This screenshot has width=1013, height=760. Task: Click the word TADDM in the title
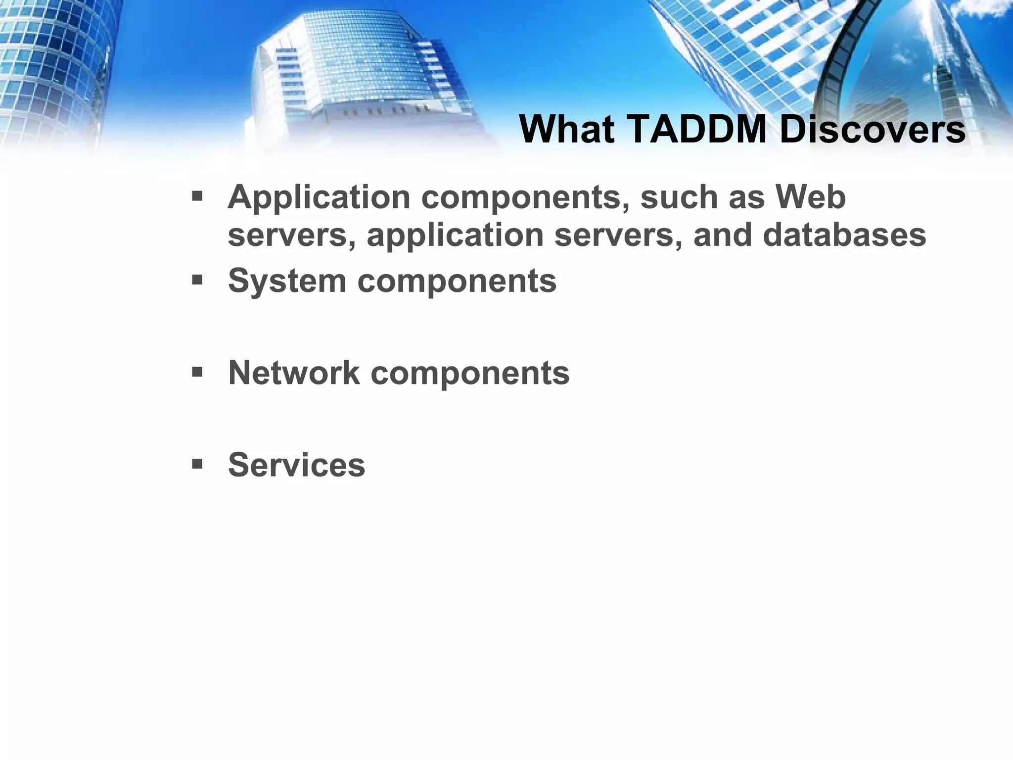[x=697, y=129]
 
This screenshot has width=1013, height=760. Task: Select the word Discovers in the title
[x=873, y=129]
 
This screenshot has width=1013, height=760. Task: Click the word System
[x=286, y=281]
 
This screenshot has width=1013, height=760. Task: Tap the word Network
[x=294, y=373]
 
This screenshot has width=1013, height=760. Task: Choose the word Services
[x=296, y=465]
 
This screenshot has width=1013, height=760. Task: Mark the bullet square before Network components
[x=197, y=372]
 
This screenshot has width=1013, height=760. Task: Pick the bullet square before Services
[x=197, y=464]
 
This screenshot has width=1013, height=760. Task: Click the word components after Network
[x=470, y=374]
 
